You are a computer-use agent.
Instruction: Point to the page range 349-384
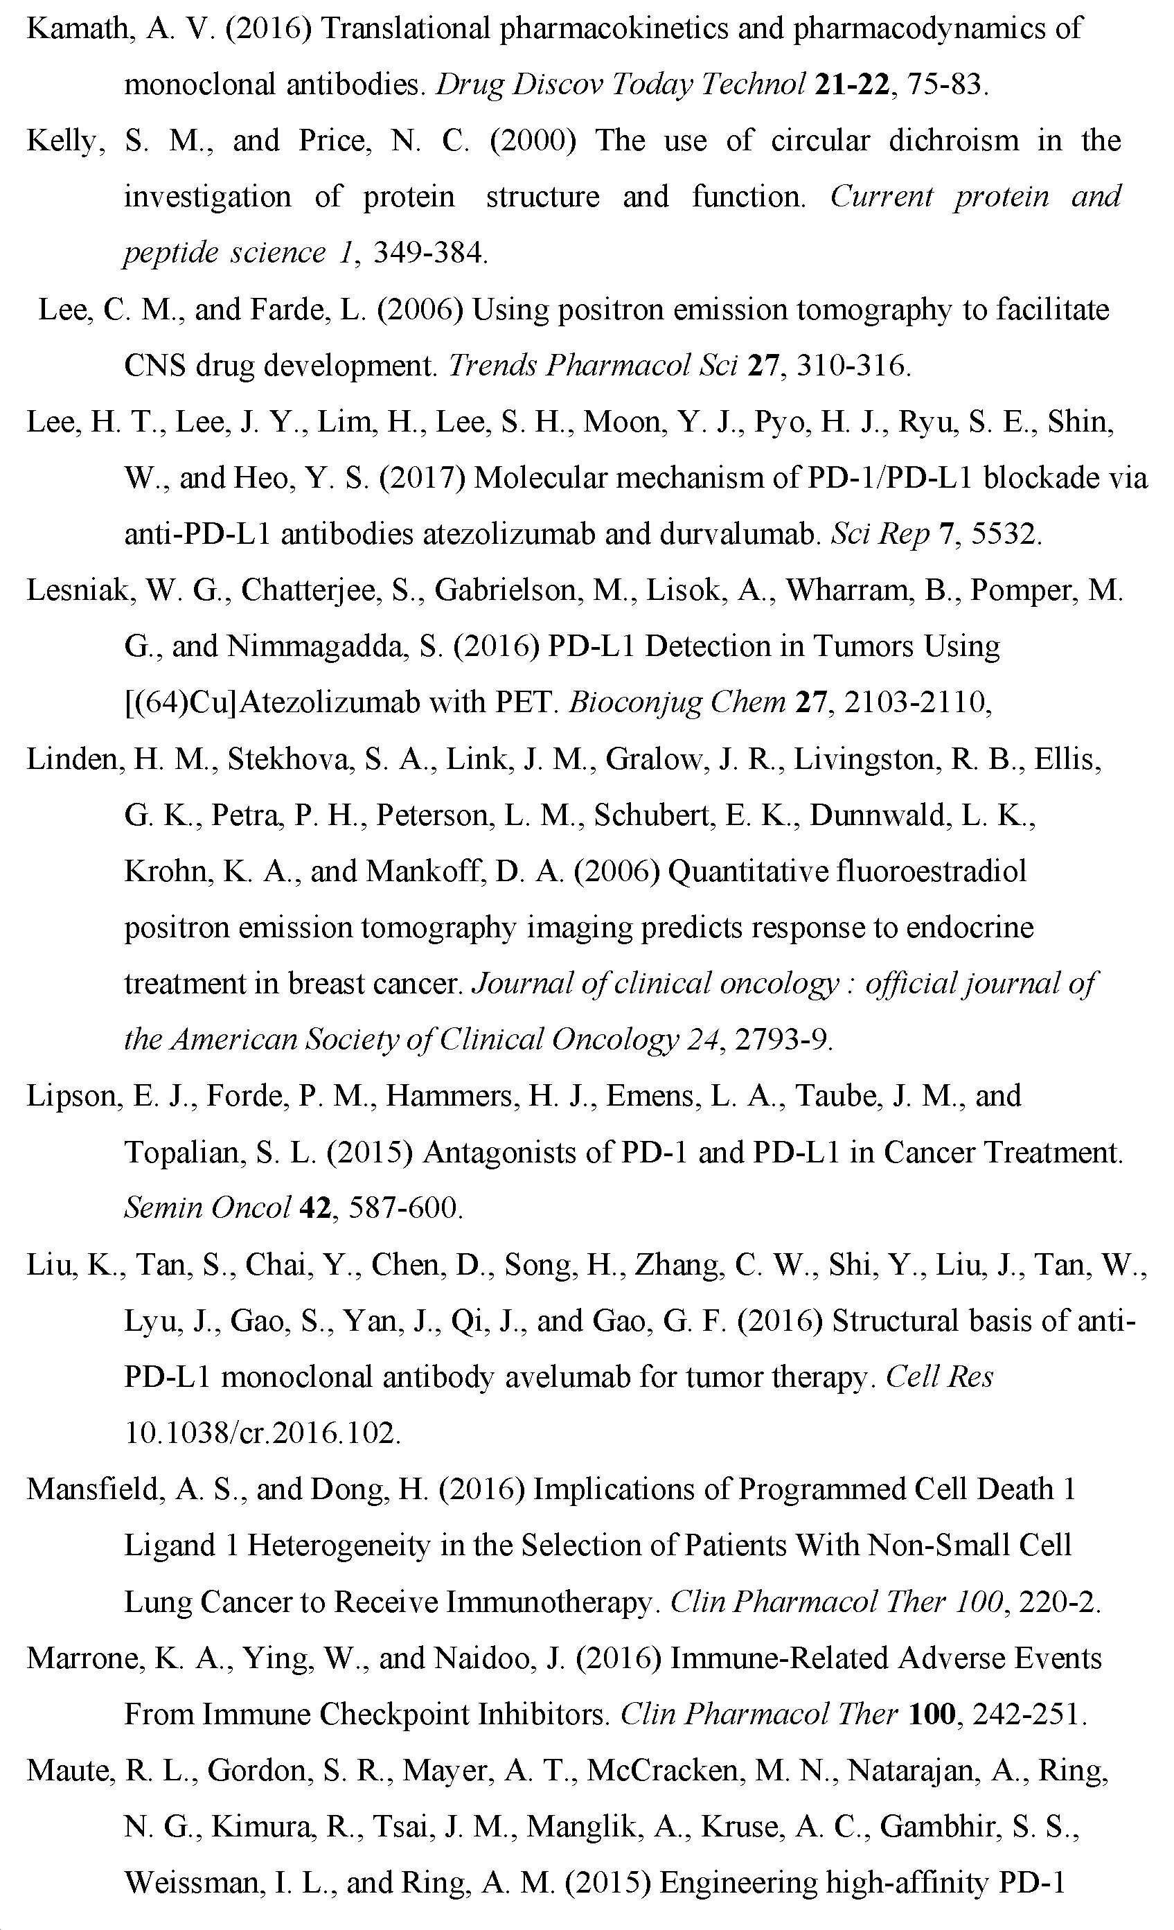429,253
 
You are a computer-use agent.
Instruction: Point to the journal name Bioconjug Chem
677,702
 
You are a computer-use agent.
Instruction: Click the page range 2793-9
783,1041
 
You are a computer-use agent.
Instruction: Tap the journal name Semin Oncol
208,1208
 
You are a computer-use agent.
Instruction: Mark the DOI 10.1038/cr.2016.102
263,1433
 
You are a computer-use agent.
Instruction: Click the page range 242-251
1029,1715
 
